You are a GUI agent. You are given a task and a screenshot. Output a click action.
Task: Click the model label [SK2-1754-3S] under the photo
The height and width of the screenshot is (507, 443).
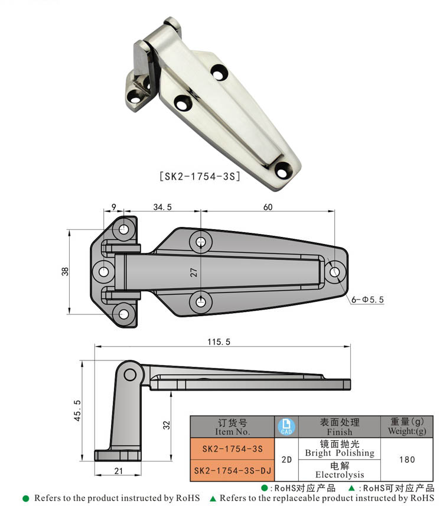click(200, 176)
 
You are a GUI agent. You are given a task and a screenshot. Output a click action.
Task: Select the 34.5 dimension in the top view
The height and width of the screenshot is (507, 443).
click(162, 207)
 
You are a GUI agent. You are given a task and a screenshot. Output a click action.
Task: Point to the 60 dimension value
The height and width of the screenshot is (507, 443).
click(268, 207)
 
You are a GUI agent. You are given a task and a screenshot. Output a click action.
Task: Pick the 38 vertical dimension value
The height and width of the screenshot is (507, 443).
click(66, 271)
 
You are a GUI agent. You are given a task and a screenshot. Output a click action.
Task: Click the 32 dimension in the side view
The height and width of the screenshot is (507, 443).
click(167, 425)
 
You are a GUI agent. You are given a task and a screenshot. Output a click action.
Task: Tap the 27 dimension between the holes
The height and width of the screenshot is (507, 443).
click(193, 272)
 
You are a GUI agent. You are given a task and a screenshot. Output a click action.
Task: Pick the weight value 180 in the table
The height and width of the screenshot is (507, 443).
click(406, 459)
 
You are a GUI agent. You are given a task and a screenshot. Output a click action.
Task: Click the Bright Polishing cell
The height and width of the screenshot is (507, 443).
click(339, 448)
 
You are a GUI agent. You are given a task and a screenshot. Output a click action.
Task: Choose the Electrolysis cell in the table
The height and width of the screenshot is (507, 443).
click(339, 470)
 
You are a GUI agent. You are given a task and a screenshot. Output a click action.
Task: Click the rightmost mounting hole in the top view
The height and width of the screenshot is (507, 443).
click(335, 272)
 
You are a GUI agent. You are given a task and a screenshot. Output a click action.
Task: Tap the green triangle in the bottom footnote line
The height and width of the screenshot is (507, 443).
click(213, 498)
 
